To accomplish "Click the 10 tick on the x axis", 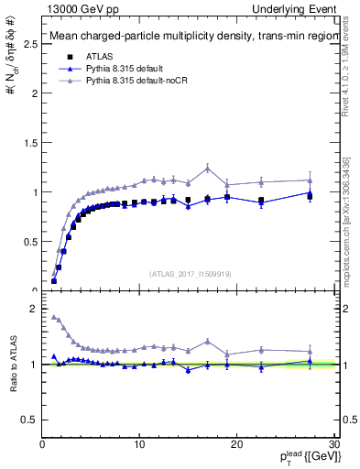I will click(139, 444).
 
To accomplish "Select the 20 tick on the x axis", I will click(236, 444).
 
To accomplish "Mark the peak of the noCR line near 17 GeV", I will click(208, 168).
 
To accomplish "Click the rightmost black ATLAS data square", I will click(310, 196).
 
